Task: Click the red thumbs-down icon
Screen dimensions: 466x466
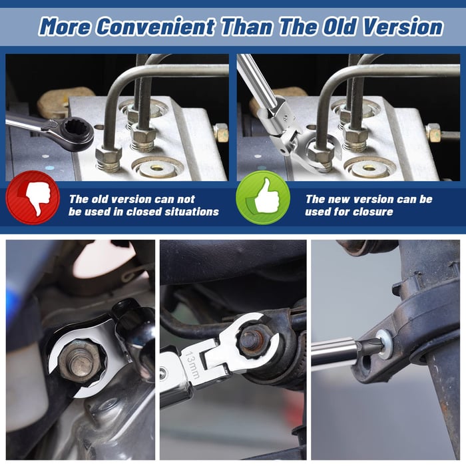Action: (33, 197)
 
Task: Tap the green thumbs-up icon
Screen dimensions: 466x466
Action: (263, 197)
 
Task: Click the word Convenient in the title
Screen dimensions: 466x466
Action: (155, 27)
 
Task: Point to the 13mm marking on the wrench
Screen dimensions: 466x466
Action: (192, 365)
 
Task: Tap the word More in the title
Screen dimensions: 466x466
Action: (64, 27)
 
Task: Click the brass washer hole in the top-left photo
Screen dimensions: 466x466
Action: (158, 168)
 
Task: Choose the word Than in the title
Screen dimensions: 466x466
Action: (247, 27)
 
